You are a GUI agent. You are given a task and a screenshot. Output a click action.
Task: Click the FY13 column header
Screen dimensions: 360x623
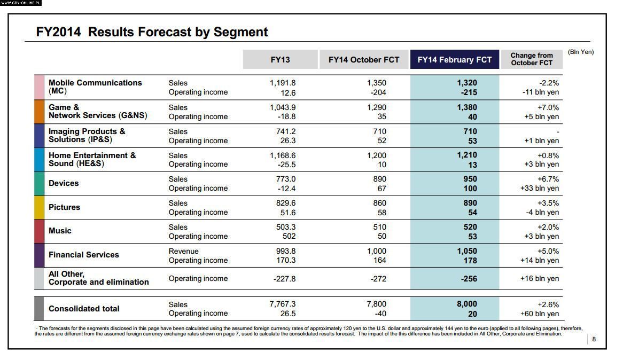click(x=280, y=60)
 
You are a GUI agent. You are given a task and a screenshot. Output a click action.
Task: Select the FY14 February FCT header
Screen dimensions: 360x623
click(x=454, y=60)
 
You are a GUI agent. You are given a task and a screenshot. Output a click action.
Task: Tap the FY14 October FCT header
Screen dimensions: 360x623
click(x=364, y=60)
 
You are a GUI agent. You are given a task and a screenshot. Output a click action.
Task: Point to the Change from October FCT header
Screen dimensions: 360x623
click(x=531, y=59)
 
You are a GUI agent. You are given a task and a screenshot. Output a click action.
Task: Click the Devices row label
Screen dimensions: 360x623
click(x=64, y=183)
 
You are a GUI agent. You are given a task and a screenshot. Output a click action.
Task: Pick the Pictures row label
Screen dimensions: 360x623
click(x=64, y=207)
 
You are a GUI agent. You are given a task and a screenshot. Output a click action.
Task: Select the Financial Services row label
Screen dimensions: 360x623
click(x=83, y=255)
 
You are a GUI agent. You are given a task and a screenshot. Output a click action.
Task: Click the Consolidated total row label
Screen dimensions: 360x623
click(x=84, y=309)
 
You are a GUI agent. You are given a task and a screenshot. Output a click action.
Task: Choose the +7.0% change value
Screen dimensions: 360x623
click(x=548, y=107)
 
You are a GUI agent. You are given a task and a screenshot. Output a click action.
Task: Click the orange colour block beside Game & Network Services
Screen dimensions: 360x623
click(x=39, y=112)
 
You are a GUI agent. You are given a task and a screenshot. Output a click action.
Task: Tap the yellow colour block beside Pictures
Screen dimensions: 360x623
click(x=39, y=207)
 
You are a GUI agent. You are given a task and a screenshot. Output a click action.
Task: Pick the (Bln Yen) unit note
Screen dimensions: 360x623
click(x=580, y=52)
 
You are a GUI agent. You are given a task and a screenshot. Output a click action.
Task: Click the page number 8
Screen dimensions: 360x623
click(x=594, y=339)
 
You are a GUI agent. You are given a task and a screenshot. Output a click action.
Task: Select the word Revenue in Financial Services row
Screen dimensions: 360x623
click(x=183, y=251)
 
